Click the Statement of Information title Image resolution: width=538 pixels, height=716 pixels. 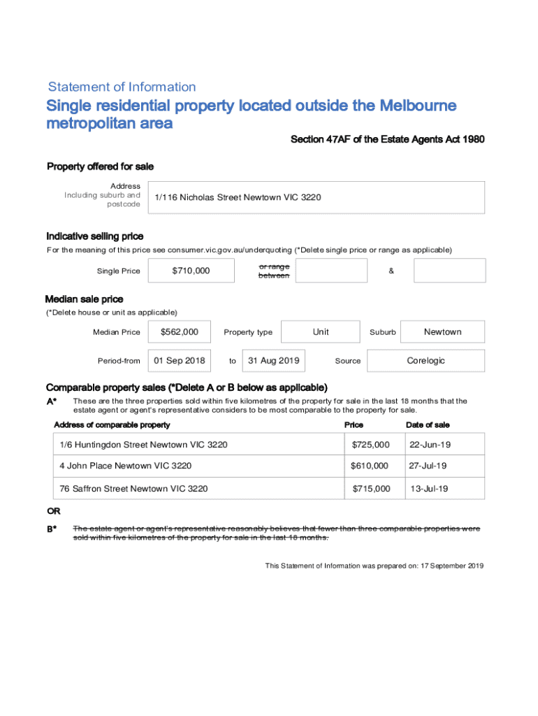(x=122, y=87)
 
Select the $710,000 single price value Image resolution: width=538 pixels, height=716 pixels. (x=191, y=271)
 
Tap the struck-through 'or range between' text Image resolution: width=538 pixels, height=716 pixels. (x=274, y=271)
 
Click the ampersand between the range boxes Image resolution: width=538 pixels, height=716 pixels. (x=391, y=271)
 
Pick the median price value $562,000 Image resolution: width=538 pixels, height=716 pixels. (x=179, y=332)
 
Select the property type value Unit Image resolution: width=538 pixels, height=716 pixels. (x=321, y=332)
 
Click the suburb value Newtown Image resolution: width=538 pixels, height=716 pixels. (x=442, y=332)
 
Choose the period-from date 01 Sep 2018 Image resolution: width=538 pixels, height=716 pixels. (x=180, y=361)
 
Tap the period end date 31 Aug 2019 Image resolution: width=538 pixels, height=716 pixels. (x=274, y=361)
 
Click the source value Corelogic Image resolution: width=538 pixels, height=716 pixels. (x=426, y=361)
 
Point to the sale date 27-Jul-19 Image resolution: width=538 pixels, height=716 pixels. (x=428, y=466)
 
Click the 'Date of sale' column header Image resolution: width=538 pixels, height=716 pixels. (x=428, y=425)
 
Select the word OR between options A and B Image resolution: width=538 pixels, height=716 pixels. (x=53, y=512)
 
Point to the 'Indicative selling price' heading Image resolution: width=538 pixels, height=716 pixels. (x=95, y=236)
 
